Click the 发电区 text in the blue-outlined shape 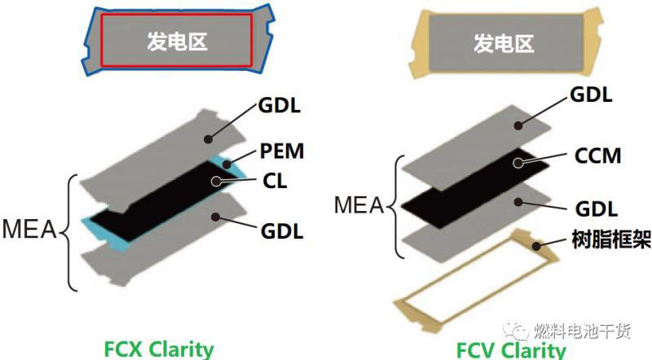click(176, 41)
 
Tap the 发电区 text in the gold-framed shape click(503, 42)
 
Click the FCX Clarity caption click(159, 349)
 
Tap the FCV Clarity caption click(511, 349)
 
